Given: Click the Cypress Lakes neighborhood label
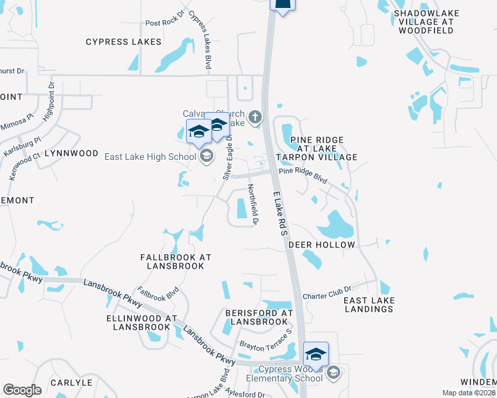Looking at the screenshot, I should pyautogui.click(x=124, y=42).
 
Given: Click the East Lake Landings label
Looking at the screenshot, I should pyautogui.click(x=369, y=304).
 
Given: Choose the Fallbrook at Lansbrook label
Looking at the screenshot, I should pyautogui.click(x=175, y=261).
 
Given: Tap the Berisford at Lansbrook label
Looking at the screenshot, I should pyautogui.click(x=258, y=317).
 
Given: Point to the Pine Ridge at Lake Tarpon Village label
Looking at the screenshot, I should pyautogui.click(x=318, y=149).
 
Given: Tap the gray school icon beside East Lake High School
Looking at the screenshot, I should pyautogui.click(x=206, y=156).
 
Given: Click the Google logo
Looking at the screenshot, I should pyautogui.click(x=23, y=389).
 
